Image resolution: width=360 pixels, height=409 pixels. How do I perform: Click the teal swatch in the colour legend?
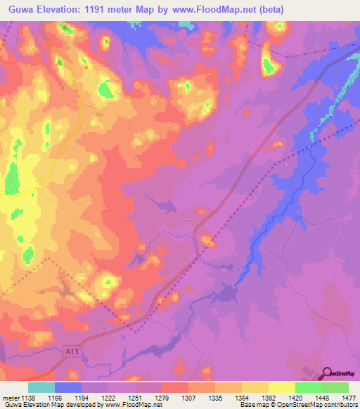click(x=41, y=387)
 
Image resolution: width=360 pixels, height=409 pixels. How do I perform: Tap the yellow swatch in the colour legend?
click(x=282, y=387)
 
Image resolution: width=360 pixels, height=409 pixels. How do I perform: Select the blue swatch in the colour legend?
click(x=68, y=387)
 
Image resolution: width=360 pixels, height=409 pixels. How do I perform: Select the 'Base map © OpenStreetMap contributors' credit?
click(x=297, y=404)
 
